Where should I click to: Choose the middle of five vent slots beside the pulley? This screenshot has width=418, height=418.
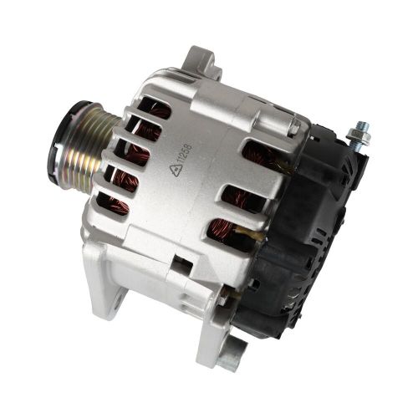[x=134, y=155]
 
